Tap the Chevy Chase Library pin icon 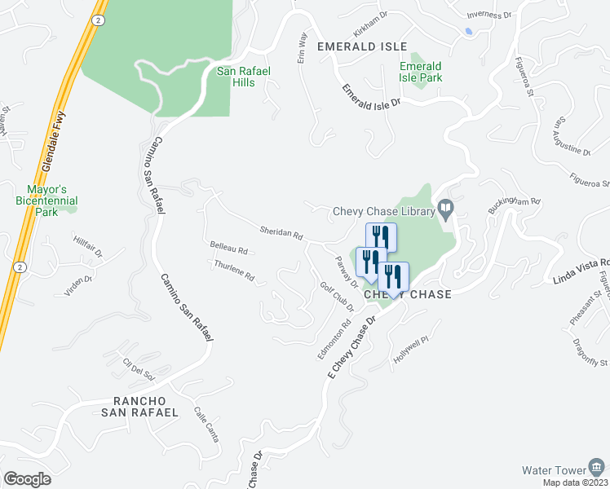(445, 208)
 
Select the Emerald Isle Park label (421, 72)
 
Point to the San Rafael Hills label (243, 77)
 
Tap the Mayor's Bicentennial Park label (46, 200)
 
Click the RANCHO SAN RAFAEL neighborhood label (139, 407)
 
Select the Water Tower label (554, 470)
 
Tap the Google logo (27, 479)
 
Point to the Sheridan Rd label (281, 232)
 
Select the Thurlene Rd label (234, 271)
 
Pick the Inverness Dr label (488, 15)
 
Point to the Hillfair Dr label (87, 246)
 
